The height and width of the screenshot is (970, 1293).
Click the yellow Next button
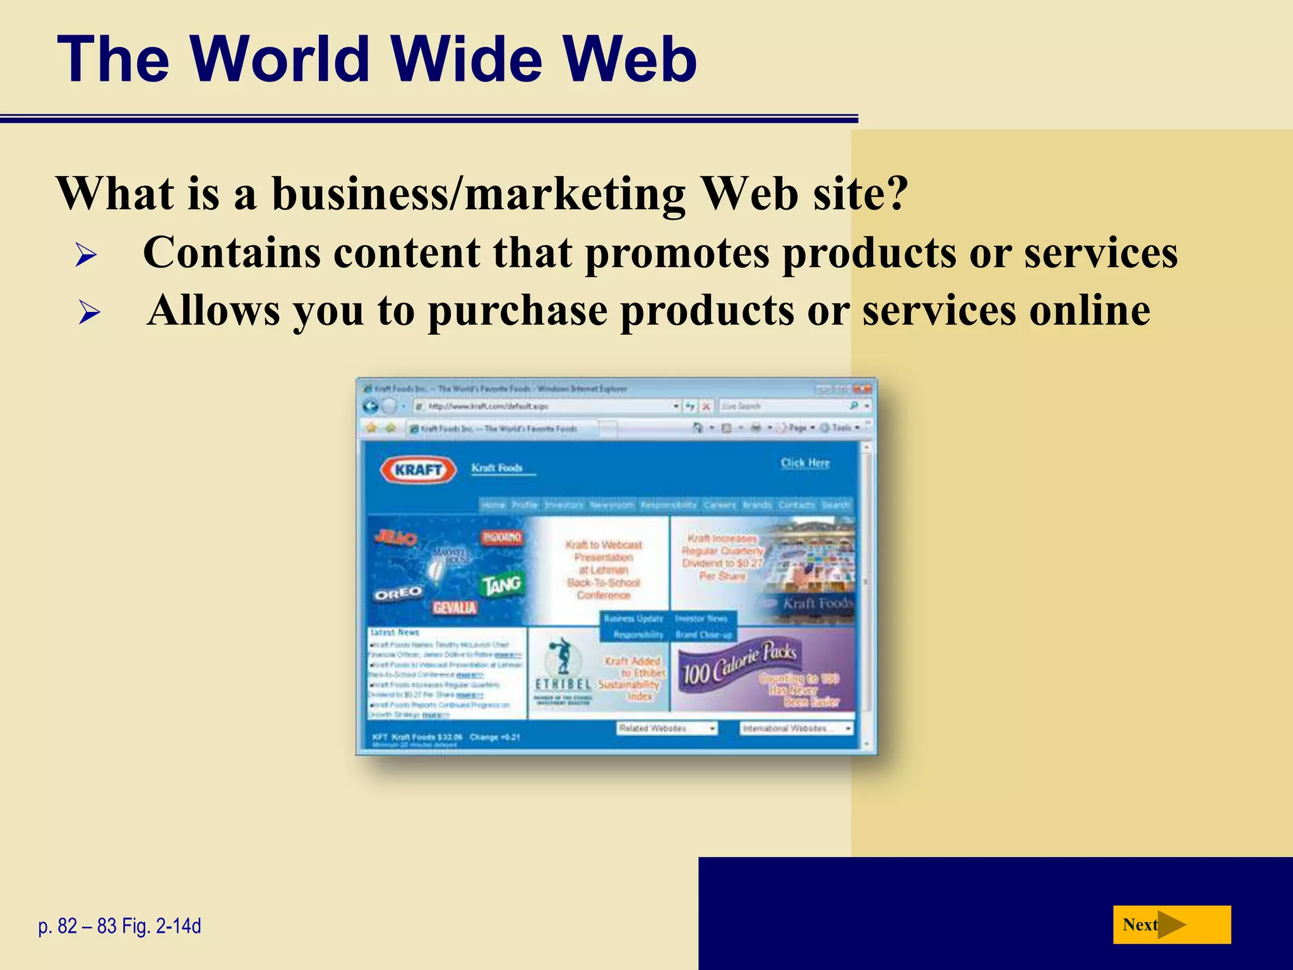[1171, 925]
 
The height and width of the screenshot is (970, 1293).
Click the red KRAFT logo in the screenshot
[418, 470]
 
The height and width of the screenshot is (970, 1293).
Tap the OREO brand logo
[398, 594]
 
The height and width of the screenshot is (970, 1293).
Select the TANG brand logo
[502, 585]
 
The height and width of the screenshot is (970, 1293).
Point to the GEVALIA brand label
[455, 608]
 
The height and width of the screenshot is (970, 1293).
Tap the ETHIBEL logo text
[563, 685]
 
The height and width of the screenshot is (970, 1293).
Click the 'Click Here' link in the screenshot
[805, 463]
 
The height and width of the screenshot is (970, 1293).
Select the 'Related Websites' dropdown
[667, 728]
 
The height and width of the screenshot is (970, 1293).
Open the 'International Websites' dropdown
[796, 728]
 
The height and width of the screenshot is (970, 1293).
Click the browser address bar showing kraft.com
[543, 406]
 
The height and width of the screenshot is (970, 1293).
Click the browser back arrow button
[371, 406]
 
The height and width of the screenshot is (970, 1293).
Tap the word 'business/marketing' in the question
[479, 193]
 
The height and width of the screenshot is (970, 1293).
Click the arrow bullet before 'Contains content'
[85, 255]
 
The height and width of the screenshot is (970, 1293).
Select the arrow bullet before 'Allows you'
[89, 313]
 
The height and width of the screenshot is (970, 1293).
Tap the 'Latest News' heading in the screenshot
[395, 632]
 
